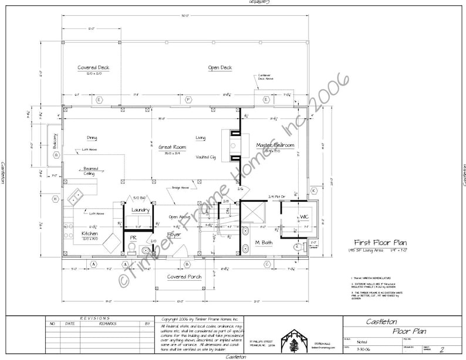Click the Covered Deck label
tap(93, 68)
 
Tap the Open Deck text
tap(220, 68)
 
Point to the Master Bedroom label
tap(275, 145)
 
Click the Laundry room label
tap(140, 209)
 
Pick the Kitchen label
tap(89, 234)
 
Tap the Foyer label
tap(174, 235)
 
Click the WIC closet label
tap(304, 217)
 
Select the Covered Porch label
tap(184, 277)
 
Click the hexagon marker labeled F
tap(188, 100)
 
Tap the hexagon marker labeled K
tap(313, 191)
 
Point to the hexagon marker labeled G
tap(57, 155)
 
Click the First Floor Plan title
tap(379, 242)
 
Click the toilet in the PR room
tap(132, 249)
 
